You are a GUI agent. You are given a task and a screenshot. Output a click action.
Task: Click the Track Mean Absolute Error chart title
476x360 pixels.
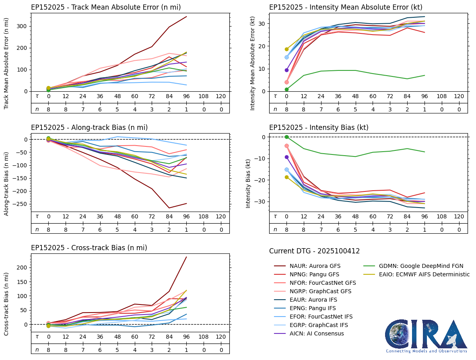tap(105, 7)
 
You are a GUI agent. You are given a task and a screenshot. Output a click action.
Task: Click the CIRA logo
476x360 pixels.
tap(426, 335)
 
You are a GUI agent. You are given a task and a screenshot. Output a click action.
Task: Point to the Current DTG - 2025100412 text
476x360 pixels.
tap(314, 251)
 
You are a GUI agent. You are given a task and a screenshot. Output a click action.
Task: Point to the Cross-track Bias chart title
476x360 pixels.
tap(89, 248)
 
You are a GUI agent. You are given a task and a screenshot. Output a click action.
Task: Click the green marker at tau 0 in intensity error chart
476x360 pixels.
tap(286, 89)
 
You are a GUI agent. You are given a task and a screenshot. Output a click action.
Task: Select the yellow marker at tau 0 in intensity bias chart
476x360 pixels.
tap(286, 177)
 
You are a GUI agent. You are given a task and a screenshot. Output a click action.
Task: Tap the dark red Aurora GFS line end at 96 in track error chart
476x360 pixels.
tap(186, 16)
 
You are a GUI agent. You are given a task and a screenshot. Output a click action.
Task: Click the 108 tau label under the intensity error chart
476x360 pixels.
tap(442, 97)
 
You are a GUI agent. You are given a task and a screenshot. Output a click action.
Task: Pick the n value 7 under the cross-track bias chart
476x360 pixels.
tap(83, 350)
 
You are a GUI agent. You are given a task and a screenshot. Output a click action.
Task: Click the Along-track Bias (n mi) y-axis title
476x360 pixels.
tap(7, 183)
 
